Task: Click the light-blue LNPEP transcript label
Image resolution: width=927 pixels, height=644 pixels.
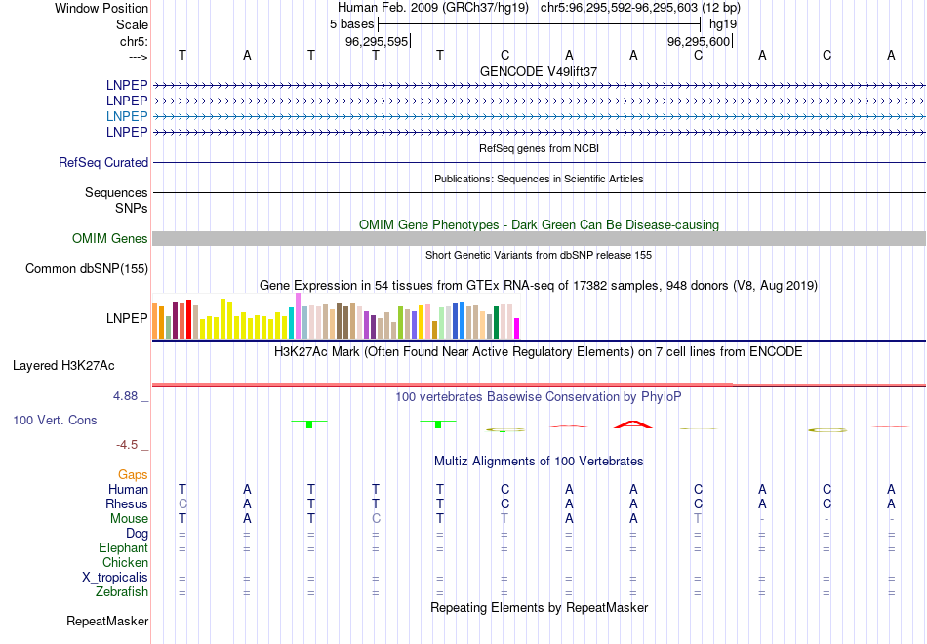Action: click(127, 116)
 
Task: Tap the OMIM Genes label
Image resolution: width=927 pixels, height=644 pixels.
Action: click(110, 238)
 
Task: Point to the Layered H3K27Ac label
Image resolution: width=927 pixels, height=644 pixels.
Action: click(63, 366)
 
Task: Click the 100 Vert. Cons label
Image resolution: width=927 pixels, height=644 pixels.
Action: click(55, 420)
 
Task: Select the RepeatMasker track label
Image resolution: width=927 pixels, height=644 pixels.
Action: click(107, 621)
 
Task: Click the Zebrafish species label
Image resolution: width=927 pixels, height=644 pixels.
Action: click(122, 591)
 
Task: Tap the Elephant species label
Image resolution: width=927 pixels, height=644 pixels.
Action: click(123, 548)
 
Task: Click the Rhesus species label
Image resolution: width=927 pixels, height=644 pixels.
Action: click(127, 503)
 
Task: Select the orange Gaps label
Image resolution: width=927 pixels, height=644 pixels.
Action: click(133, 474)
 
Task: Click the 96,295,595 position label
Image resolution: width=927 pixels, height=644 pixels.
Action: click(377, 41)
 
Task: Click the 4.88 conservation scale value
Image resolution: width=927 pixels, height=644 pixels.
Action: click(128, 396)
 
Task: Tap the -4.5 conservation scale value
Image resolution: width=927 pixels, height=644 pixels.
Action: click(130, 445)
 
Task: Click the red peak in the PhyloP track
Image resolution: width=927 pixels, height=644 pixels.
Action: click(632, 423)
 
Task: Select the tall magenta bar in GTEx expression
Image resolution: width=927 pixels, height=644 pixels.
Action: click(298, 315)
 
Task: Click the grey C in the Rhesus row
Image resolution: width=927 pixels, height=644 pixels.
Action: click(182, 503)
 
